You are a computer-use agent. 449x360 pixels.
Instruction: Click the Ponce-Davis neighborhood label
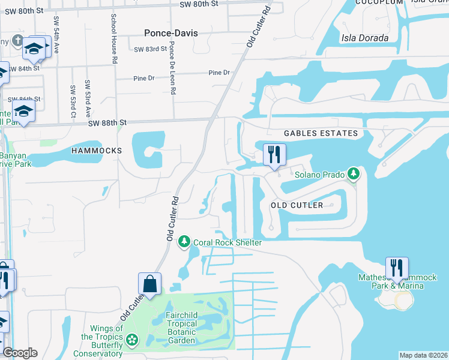[171, 33]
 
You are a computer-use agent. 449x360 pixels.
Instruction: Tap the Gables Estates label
[321, 133]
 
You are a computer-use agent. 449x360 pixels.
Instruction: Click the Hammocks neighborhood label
[96, 150]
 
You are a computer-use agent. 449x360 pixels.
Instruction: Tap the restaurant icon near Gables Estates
[275, 154]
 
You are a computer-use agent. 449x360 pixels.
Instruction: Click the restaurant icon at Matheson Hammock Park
[397, 268]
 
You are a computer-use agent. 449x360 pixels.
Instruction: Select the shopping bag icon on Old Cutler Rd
[149, 284]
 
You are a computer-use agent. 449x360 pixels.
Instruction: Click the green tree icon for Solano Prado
[354, 175]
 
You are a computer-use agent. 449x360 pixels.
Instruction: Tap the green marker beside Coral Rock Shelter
[184, 242]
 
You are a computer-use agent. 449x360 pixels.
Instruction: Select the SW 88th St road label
[107, 122]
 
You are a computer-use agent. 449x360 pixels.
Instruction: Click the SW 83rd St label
[150, 50]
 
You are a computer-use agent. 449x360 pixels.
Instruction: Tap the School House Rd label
[113, 38]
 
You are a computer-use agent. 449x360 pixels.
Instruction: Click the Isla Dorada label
[364, 38]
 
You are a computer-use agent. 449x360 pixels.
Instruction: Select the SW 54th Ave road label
[56, 35]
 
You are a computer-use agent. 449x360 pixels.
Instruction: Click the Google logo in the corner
[20, 353]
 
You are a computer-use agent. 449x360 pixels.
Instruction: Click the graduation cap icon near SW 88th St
[24, 112]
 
